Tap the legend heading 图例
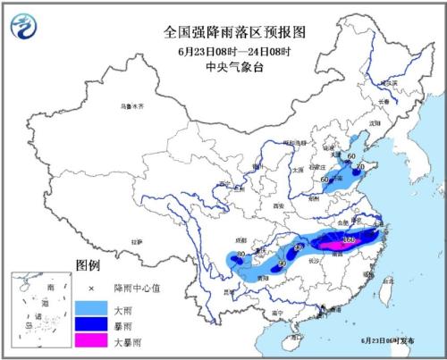87,266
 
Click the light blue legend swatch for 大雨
88,306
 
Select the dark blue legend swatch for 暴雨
88,323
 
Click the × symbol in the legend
88,287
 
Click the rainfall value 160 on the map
348,240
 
